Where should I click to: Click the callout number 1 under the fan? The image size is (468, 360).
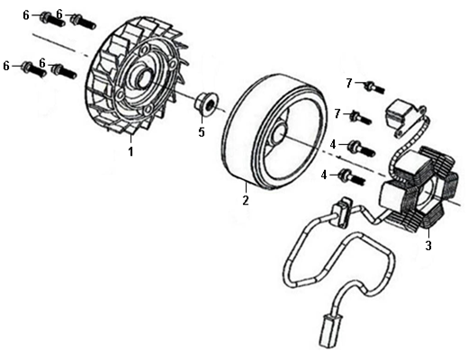pos(130,151)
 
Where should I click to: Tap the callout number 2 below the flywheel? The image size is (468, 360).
pos(246,200)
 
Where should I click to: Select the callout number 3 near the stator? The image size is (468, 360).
pos(428,246)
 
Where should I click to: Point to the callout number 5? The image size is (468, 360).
pos(202,132)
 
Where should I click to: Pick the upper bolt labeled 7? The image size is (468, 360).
pos(374,87)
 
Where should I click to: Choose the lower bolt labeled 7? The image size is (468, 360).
pos(361,117)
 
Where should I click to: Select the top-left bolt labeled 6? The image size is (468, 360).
pos(52,20)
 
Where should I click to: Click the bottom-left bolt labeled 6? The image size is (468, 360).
pos(33,69)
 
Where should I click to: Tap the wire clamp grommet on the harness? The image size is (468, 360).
pos(341,211)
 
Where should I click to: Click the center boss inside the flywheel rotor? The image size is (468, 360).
pos(279,132)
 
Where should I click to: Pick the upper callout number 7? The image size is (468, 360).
pos(348,83)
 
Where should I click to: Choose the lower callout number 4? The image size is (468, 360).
pos(324,175)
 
